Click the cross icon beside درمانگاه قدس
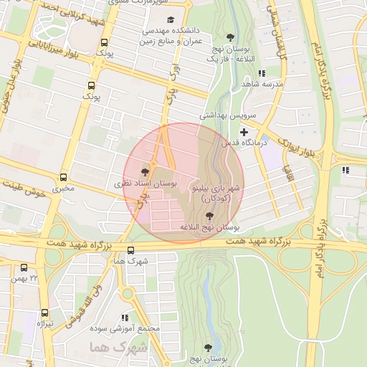(244, 132)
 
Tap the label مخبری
(64, 189)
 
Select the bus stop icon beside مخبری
(64, 177)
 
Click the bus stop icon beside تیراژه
(45, 313)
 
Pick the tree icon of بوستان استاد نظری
(146, 172)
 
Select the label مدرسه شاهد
(263, 84)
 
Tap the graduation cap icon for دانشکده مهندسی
(170, 20)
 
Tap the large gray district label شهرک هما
(118, 347)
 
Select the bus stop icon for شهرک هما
(130, 251)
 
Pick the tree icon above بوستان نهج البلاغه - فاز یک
(230, 37)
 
